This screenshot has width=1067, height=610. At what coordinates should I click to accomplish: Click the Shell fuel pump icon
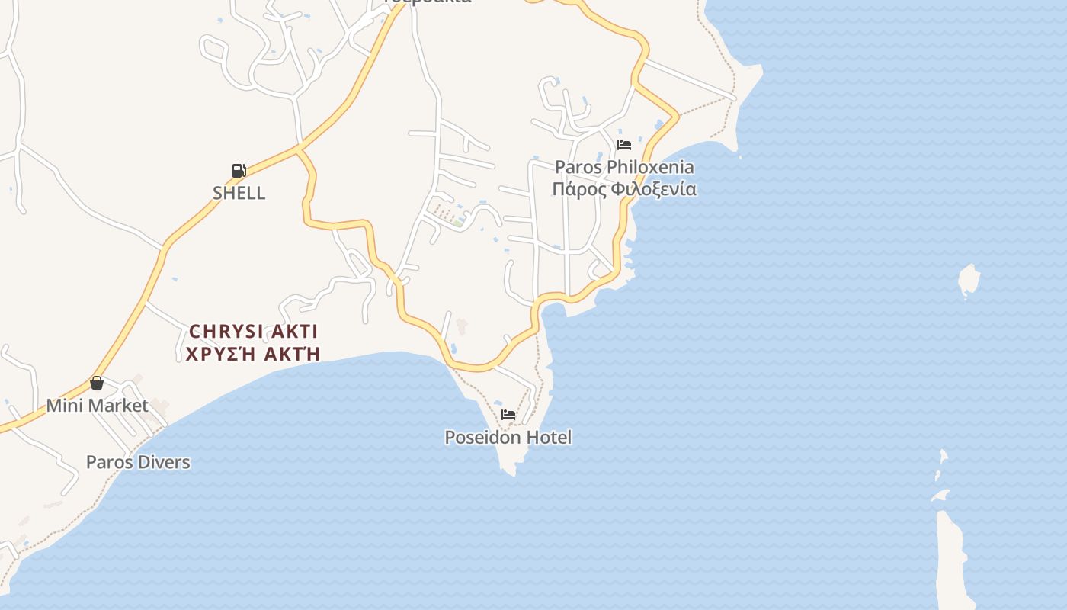[x=239, y=171]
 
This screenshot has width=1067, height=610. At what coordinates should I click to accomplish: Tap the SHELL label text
[x=239, y=193]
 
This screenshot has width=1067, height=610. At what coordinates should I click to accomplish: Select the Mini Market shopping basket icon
[x=97, y=383]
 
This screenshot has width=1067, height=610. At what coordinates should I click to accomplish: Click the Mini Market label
[x=98, y=405]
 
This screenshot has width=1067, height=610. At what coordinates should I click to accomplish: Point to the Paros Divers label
[x=138, y=462]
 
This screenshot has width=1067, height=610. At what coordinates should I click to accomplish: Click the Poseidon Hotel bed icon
[x=508, y=415]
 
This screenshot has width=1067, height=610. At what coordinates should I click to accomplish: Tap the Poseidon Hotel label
[x=508, y=438]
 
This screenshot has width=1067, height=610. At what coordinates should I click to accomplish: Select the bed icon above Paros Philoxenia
[x=624, y=144]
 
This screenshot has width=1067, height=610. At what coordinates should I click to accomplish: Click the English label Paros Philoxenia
[x=624, y=167]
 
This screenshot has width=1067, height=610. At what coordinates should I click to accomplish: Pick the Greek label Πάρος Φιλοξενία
[x=624, y=189]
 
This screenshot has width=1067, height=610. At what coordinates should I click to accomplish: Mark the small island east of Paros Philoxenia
[x=968, y=280]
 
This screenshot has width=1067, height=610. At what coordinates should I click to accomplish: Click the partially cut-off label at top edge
[x=427, y=2]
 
